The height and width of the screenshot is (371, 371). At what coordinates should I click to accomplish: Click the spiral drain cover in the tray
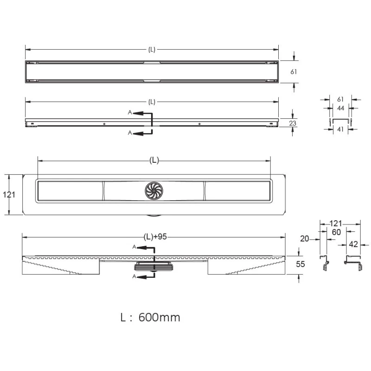[x=154, y=191]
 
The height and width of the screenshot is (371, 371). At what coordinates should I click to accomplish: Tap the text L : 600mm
[x=150, y=317]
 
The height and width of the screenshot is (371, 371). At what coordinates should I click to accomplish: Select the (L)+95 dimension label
[x=155, y=237]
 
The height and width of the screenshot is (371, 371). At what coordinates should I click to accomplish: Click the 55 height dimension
[x=300, y=264]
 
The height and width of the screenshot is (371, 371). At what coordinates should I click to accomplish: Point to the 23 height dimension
[x=293, y=123]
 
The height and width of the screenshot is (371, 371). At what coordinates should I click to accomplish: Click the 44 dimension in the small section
[x=340, y=108]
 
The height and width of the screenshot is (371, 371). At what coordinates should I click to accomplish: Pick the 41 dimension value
[x=340, y=129]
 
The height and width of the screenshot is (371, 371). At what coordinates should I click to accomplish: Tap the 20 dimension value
[x=305, y=239]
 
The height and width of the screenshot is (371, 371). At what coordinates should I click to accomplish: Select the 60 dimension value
[x=336, y=232]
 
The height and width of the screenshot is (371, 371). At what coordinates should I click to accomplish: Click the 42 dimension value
[x=353, y=244]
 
